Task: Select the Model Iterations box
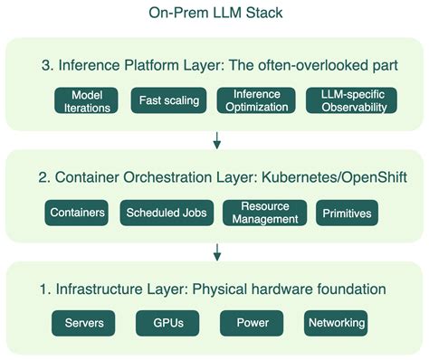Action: pos(88,100)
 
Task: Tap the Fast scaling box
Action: pos(169,100)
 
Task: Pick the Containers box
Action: pos(76,213)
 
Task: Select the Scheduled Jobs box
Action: pos(167,213)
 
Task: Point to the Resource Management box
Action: pos(262,213)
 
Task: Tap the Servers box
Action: pos(84,323)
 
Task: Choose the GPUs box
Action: pos(167,323)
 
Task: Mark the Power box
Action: pos(251,323)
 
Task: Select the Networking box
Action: pos(336,323)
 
